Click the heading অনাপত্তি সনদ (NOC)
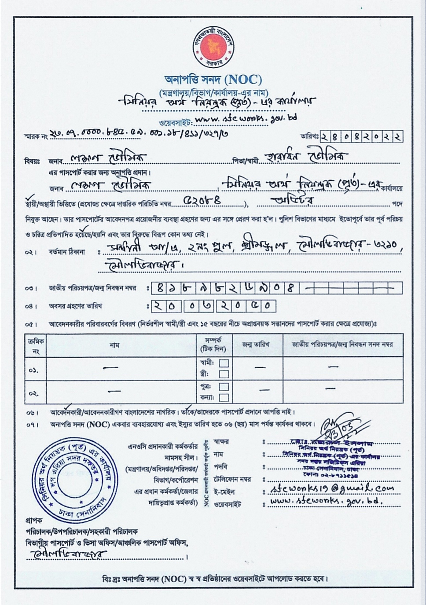tap(213, 80)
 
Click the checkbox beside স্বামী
tap(224, 363)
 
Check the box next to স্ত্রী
tap(224, 374)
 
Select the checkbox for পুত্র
tap(224, 387)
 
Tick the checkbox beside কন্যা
tap(224, 397)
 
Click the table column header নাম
tap(114, 345)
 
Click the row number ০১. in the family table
tap(34, 370)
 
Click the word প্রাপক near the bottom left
tap(33, 521)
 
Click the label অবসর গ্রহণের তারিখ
tap(75, 306)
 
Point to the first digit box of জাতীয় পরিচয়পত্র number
tap(158, 289)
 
